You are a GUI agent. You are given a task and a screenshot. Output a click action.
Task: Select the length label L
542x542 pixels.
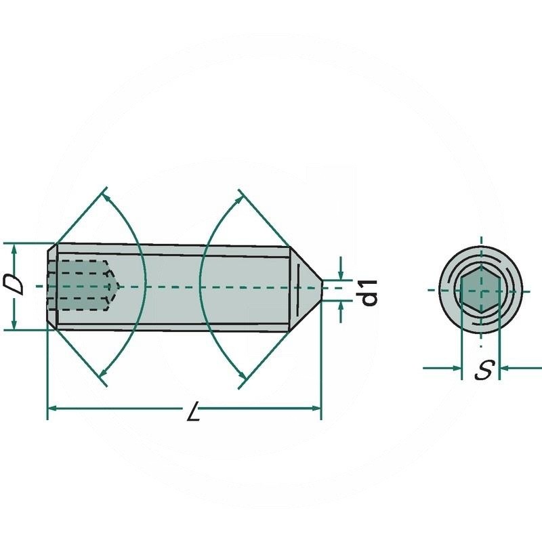pos(194,414)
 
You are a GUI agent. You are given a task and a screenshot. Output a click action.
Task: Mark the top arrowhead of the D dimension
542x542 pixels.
pos(14,248)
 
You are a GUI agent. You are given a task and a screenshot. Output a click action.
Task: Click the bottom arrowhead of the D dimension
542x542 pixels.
pos(14,325)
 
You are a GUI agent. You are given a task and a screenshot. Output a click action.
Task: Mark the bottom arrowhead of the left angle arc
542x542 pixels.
pos(103,374)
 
